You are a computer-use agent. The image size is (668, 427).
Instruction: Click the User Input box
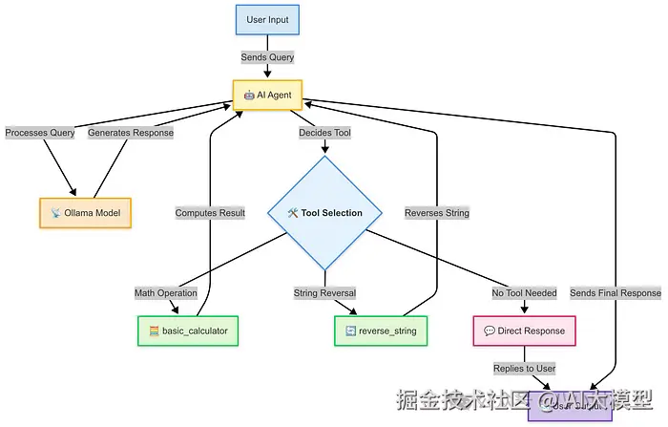click(x=267, y=19)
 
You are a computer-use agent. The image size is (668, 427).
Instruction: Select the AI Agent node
click(x=267, y=95)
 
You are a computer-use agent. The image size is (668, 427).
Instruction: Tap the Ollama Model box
click(x=85, y=212)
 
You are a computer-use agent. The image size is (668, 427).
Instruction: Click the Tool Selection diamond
click(x=324, y=213)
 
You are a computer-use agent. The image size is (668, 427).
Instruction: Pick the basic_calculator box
click(x=188, y=331)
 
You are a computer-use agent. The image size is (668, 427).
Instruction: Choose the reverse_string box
click(x=382, y=331)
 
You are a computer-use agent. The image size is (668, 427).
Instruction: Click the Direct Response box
click(x=524, y=331)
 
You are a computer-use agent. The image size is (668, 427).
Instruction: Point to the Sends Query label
click(x=267, y=57)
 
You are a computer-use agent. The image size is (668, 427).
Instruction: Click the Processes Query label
click(x=39, y=133)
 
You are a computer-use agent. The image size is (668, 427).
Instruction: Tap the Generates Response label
click(x=131, y=133)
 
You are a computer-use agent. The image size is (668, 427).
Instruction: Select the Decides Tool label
click(x=325, y=133)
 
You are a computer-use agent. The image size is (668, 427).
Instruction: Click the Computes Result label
click(x=210, y=213)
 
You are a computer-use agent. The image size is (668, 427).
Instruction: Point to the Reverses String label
click(x=437, y=213)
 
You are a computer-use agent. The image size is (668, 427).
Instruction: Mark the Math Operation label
click(x=165, y=293)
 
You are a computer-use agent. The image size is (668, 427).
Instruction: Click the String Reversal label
click(x=324, y=293)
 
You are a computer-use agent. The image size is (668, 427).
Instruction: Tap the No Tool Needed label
click(x=524, y=293)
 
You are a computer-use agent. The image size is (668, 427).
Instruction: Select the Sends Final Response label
click(x=616, y=293)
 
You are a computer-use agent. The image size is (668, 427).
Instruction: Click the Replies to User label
click(x=524, y=368)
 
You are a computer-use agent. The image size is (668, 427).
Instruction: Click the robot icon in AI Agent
click(x=249, y=95)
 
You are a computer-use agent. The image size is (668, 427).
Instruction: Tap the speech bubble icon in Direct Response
click(x=490, y=331)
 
